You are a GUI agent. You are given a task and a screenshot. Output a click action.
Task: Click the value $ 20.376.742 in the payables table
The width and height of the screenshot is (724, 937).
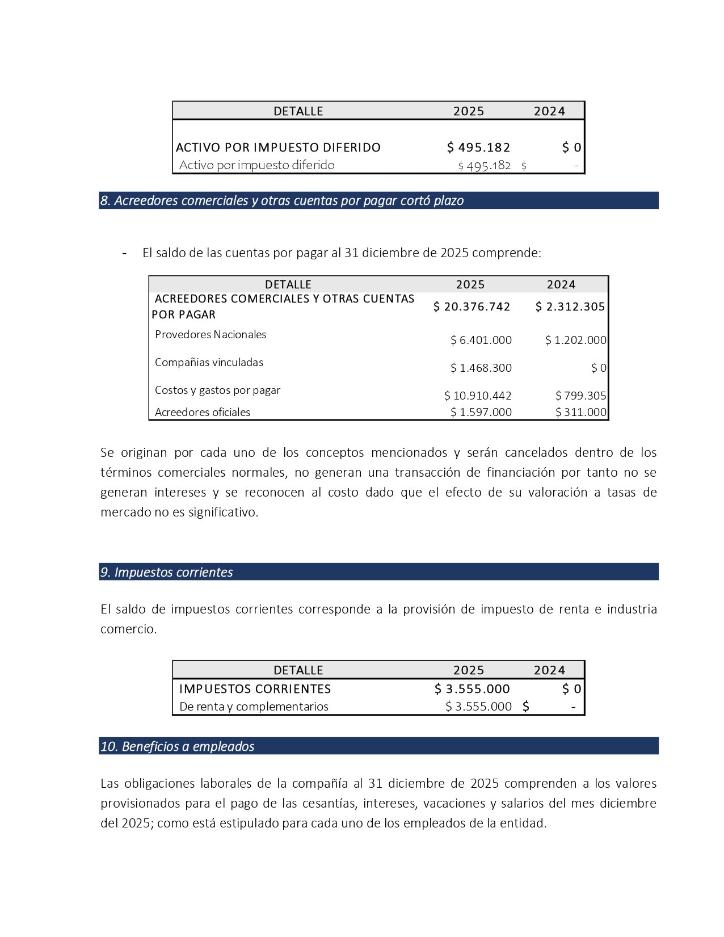point(472,307)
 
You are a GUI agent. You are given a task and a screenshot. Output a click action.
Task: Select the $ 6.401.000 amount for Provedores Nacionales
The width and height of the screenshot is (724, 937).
point(481,340)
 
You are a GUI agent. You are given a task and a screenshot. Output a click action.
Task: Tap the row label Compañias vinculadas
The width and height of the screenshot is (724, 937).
point(209,362)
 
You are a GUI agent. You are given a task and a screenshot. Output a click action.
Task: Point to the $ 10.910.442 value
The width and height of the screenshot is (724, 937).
point(478,396)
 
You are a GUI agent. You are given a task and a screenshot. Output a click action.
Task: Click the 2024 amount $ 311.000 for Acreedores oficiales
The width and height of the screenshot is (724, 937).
point(581,412)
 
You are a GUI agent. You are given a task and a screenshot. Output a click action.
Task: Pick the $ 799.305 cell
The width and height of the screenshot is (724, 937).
point(581,396)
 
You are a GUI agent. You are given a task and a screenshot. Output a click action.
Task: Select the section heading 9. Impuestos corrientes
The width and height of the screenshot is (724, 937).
point(166,572)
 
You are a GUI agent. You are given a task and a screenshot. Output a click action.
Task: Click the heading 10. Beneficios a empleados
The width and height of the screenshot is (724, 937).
point(177,746)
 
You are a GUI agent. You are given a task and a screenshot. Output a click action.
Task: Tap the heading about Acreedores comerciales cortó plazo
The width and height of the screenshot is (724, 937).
point(282,200)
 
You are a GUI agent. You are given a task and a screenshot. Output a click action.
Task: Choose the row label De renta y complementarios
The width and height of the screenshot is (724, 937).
point(254,707)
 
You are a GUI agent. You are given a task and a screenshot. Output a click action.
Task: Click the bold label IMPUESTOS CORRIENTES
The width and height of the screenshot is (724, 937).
point(255,689)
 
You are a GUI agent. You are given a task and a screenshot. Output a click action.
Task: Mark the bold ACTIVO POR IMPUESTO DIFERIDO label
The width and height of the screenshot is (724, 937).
point(278,148)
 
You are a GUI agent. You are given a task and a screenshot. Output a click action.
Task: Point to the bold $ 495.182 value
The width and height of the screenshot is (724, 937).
point(478,148)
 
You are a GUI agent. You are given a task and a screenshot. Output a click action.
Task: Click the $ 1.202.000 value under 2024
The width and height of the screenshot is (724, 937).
point(576,340)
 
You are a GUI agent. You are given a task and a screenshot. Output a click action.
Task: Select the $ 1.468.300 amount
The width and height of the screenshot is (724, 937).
point(481,368)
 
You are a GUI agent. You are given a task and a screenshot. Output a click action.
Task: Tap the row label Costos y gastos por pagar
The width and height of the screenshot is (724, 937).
point(217,390)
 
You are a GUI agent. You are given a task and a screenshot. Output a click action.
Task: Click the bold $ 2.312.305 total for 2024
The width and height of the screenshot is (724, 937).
point(570,307)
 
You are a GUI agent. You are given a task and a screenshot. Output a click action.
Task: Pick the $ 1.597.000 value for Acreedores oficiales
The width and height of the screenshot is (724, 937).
point(481,412)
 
